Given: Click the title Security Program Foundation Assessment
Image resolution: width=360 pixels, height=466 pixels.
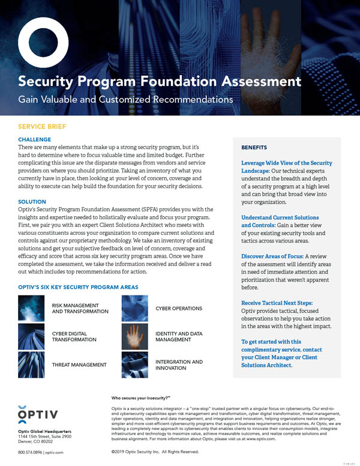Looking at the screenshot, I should (x=159, y=80).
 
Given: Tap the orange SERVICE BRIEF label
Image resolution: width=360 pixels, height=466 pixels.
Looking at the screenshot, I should (x=42, y=127).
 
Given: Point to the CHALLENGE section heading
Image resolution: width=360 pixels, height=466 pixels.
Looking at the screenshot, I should (x=35, y=139).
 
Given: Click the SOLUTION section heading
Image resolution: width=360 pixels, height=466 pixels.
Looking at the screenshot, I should (x=32, y=202).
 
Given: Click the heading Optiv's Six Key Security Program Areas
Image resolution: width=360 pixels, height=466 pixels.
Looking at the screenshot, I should (x=78, y=287).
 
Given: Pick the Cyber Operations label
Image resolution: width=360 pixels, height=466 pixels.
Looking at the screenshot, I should (x=179, y=308).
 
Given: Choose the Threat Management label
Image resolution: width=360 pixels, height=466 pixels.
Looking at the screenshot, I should (x=79, y=365).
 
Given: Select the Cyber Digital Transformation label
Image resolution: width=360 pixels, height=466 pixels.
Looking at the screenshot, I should (x=74, y=336).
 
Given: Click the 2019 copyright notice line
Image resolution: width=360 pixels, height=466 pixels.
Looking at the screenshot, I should (x=155, y=451).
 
